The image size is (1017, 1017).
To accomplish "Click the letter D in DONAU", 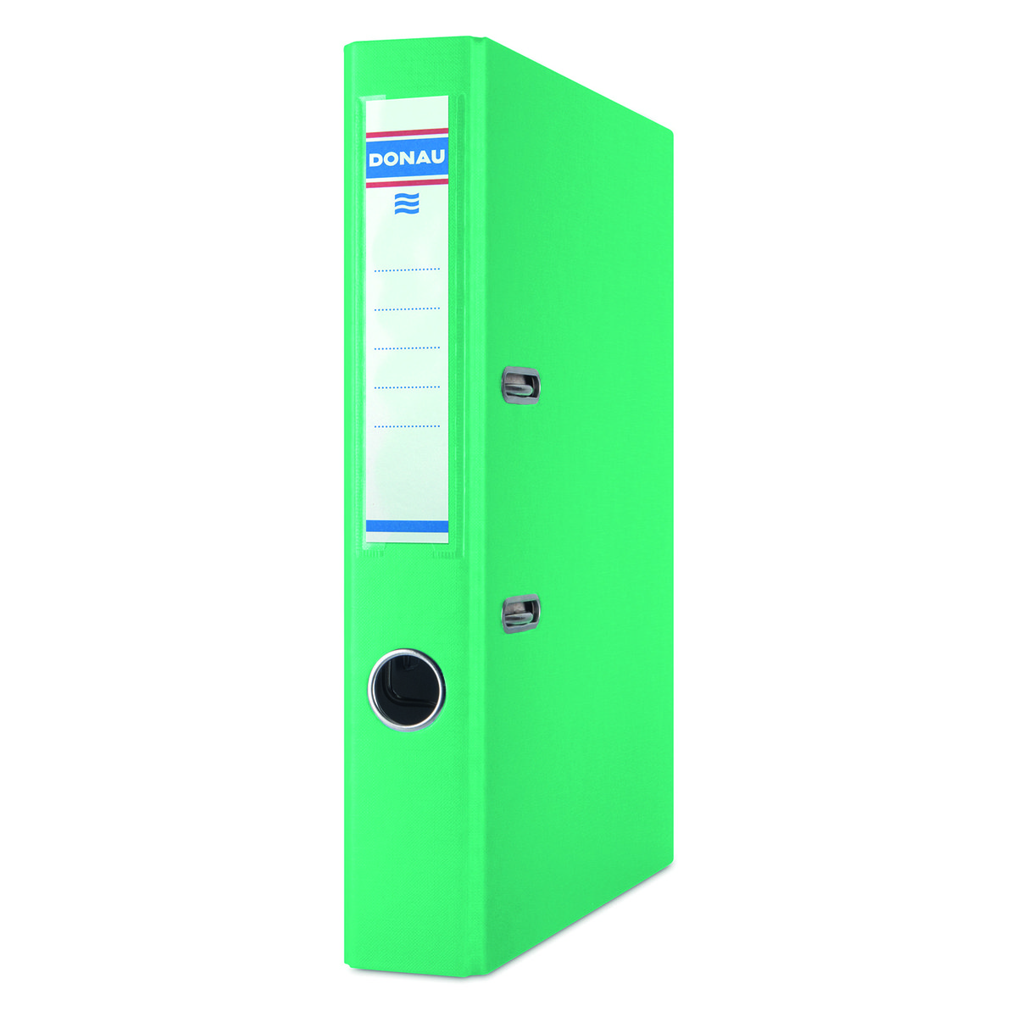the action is point(375,159).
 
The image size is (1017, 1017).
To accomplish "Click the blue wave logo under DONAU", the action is point(407,203).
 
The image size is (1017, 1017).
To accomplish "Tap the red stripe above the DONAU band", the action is point(407,133).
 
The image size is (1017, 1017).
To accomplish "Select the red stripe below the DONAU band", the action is point(407,183).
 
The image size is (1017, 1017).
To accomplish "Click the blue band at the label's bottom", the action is point(407,526).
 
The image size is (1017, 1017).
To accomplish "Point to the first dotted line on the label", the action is point(407,270).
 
